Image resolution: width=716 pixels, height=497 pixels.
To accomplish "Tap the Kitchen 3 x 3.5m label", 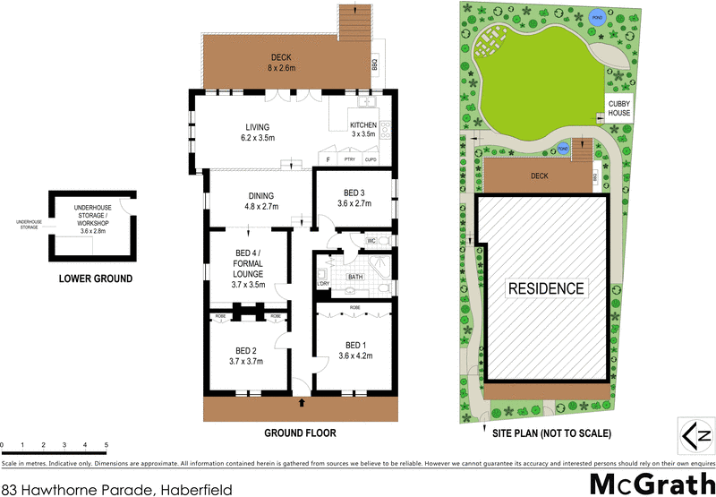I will pos(362,129).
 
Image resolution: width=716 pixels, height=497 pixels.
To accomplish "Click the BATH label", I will pos(354,277).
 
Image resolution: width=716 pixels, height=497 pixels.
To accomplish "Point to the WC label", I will pos(370,240).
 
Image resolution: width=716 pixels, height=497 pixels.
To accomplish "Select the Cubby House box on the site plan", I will pos(619,107).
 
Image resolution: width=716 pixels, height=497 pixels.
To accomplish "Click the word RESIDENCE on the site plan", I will pos(546,288).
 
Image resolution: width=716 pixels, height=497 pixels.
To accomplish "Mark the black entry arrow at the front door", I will pos(301,404).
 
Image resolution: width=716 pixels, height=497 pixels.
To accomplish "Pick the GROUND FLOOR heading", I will pos(300,433).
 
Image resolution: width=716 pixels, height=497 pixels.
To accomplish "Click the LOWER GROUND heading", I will pos(95,278).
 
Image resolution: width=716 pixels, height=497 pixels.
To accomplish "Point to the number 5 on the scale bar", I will pos(106,445).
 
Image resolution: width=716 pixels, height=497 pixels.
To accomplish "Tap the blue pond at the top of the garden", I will pos(595,15).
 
